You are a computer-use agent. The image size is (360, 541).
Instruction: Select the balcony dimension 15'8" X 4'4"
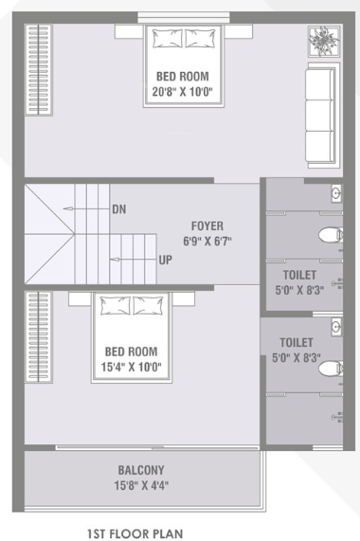tap(142, 486)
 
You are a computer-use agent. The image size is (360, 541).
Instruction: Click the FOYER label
tap(207, 225)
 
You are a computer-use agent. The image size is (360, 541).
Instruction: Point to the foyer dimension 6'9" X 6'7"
tap(207, 241)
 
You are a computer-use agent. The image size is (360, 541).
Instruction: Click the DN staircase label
tap(119, 208)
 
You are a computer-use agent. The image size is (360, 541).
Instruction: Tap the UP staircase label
tap(165, 259)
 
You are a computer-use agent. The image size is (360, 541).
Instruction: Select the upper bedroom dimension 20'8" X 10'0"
tap(184, 93)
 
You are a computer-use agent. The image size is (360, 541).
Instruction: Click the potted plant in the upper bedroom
tap(320, 41)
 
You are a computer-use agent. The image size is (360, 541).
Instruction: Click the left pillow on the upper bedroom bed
tap(167, 39)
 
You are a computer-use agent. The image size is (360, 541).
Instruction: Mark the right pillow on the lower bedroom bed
tap(149, 306)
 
